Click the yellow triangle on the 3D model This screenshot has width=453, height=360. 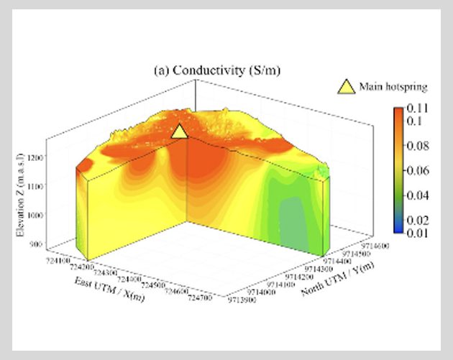(180, 131)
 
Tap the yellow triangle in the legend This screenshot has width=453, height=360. (346, 87)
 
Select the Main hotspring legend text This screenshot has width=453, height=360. (395, 88)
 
